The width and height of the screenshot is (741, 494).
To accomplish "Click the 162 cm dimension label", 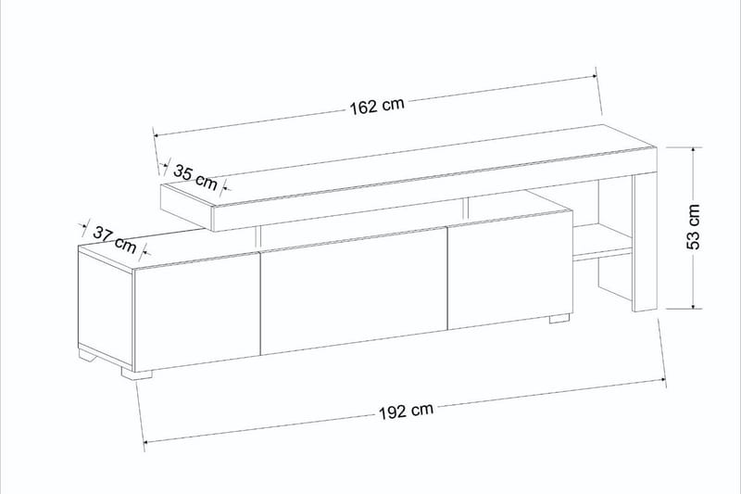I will pos(377,106).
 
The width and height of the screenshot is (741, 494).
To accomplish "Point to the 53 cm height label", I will pos(706,228).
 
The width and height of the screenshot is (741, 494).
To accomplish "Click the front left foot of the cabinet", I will pos(136,375).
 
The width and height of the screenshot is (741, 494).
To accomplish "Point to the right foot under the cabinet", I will pos(558,319).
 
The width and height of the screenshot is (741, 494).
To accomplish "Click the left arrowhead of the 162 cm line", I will pos(157,133).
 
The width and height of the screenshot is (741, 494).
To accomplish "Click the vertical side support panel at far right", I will pos(643,241).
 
